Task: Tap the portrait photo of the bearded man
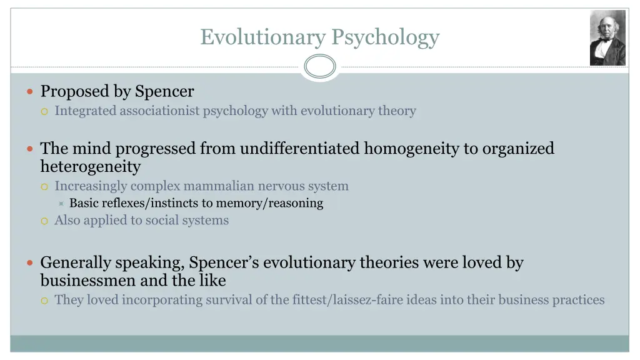[x=607, y=37]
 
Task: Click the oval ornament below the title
[x=320, y=66]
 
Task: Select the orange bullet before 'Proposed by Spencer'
[x=31, y=91]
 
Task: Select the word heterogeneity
[x=91, y=167]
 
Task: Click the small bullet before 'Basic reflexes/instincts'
[x=61, y=203]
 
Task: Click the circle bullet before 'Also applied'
[x=44, y=221]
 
